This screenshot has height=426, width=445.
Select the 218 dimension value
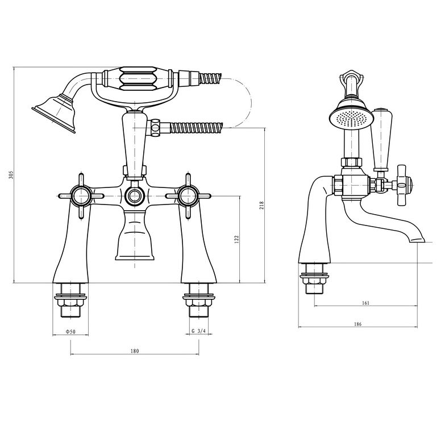coord(261,205)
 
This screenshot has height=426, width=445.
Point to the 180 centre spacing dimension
coord(134,351)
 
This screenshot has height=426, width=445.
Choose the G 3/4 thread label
coord(199,331)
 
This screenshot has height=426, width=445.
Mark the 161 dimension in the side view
coord(365,303)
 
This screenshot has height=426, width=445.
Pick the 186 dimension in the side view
coord(357,324)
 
